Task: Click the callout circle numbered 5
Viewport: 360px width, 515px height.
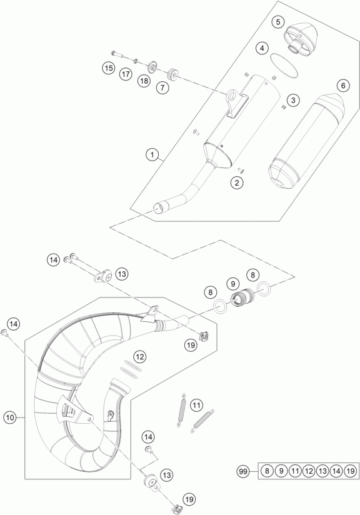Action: pos(278,22)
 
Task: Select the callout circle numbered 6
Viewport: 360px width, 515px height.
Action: pos(343,86)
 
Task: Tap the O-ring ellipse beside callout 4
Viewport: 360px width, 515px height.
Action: pos(284,66)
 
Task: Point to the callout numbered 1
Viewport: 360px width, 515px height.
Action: pos(152,154)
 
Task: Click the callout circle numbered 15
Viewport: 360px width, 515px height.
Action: pos(108,68)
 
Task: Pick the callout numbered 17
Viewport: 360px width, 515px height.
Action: pos(126,74)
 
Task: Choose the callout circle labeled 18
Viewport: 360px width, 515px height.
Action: pos(144,81)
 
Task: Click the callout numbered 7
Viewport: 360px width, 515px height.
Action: pos(162,87)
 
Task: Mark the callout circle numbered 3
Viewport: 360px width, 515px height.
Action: pos(293,100)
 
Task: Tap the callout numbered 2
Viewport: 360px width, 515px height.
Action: pos(237,182)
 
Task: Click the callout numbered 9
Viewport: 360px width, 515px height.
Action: pos(233,284)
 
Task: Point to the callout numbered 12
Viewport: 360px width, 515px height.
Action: pos(140,357)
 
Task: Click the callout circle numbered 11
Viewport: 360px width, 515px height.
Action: pos(196,405)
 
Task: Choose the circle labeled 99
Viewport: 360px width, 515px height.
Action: pos(242,472)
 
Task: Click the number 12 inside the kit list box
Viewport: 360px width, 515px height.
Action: pos(309,472)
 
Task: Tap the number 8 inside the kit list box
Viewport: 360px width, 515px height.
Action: pos(267,472)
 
